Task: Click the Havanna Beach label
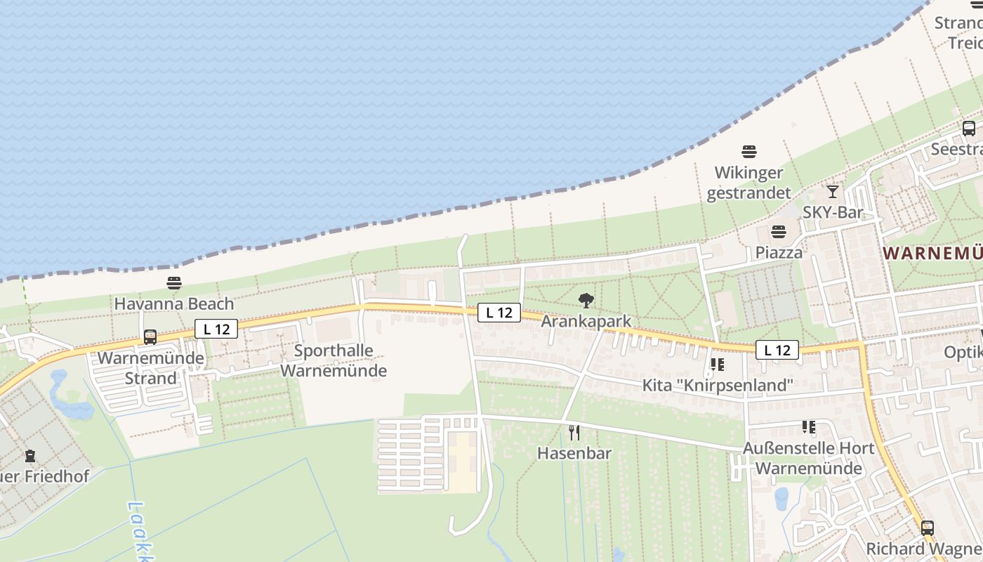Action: [x=174, y=304]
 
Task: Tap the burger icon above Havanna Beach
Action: [x=174, y=283]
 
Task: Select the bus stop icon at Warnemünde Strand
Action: [x=150, y=336]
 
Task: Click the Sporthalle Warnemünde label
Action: [x=334, y=360]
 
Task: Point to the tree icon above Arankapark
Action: [x=586, y=301]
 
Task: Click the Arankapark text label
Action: [x=586, y=321]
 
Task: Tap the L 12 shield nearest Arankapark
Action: [x=499, y=313]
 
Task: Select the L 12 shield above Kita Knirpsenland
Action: [x=777, y=350]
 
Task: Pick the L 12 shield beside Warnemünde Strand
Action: [x=216, y=328]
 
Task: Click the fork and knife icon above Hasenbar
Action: [x=574, y=432]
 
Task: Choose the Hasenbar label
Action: [x=574, y=453]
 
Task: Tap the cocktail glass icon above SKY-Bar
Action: [x=833, y=191]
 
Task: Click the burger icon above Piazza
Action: [x=778, y=231]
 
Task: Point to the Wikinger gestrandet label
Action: [x=748, y=183]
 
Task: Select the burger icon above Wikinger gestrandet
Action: [x=749, y=151]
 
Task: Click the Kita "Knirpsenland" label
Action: [x=718, y=386]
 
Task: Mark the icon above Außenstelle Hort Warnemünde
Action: [x=809, y=427]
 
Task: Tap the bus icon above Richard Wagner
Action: [x=928, y=528]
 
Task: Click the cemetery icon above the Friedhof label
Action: [x=30, y=456]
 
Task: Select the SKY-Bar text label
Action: [x=833, y=212]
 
